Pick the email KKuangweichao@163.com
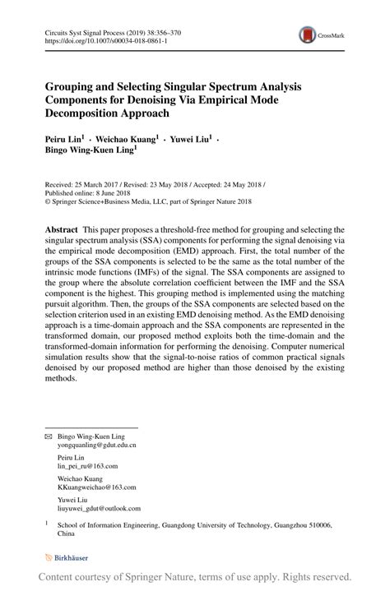click(x=93, y=487)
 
